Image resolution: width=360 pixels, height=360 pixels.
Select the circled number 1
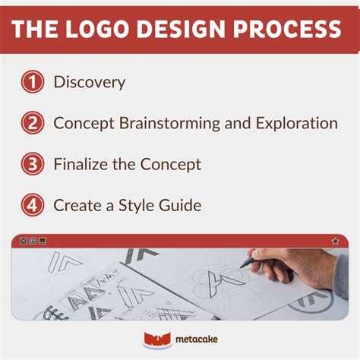point(32,82)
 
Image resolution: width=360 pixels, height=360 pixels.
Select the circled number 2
point(32,123)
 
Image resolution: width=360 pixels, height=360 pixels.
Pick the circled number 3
point(32,164)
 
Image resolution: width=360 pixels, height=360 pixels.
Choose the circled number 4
point(32,205)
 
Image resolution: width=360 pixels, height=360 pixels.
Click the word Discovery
point(90,82)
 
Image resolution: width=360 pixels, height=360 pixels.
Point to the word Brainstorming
point(165,123)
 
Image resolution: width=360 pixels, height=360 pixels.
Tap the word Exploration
point(295,123)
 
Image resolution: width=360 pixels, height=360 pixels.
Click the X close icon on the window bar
point(23,241)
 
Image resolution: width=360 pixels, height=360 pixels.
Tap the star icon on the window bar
point(335,241)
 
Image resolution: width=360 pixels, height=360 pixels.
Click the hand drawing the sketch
point(292,270)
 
